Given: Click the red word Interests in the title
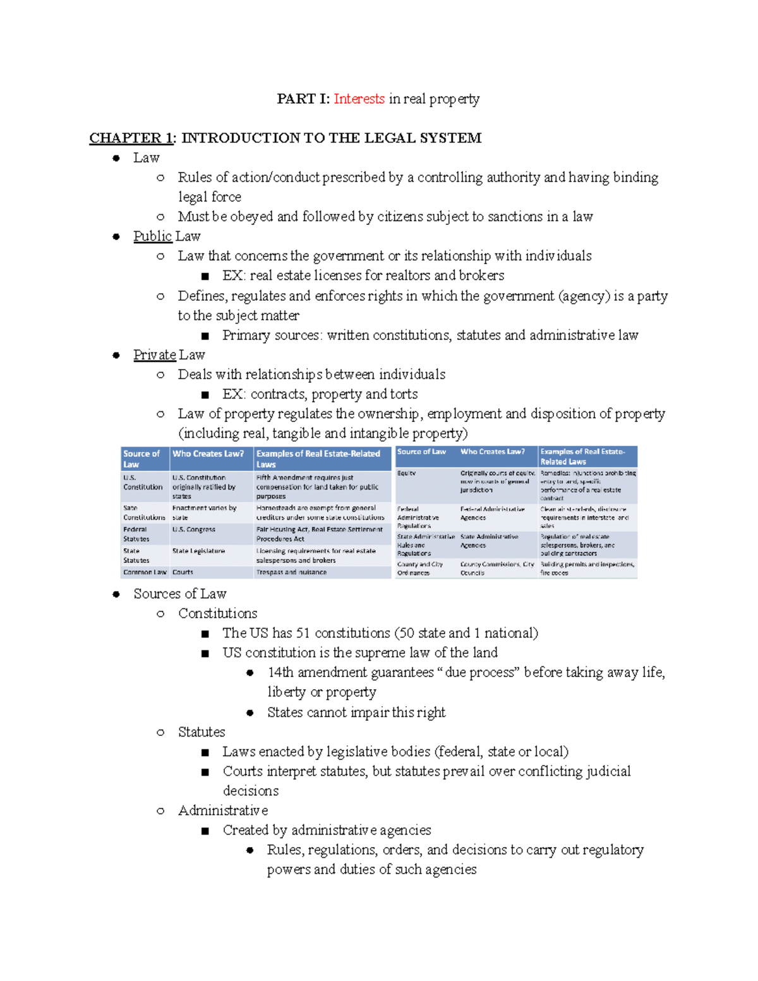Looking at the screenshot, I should pyautogui.click(x=359, y=99).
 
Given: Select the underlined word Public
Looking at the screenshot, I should pyautogui.click(x=152, y=236).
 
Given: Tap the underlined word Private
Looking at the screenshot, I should pyautogui.click(x=154, y=355).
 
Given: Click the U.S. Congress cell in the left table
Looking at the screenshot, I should pyautogui.click(x=193, y=529).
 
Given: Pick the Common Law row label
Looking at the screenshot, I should pyautogui.click(x=145, y=572).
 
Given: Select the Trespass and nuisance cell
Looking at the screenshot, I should pyautogui.click(x=291, y=572).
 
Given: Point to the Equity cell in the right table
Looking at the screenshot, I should pyautogui.click(x=407, y=473).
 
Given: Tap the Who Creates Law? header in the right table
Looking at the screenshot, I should pyautogui.click(x=492, y=452).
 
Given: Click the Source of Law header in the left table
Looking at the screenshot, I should pyautogui.click(x=141, y=459).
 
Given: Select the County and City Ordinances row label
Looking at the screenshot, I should pyautogui.click(x=419, y=569).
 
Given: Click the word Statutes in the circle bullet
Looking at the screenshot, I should pyautogui.click(x=202, y=732).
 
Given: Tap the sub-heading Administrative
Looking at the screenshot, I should pyautogui.click(x=223, y=810).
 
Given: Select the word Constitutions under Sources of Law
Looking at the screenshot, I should pyautogui.click(x=217, y=613).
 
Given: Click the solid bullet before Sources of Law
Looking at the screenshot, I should pyautogui.click(x=116, y=594).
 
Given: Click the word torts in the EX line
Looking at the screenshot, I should pyautogui.click(x=404, y=394).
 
